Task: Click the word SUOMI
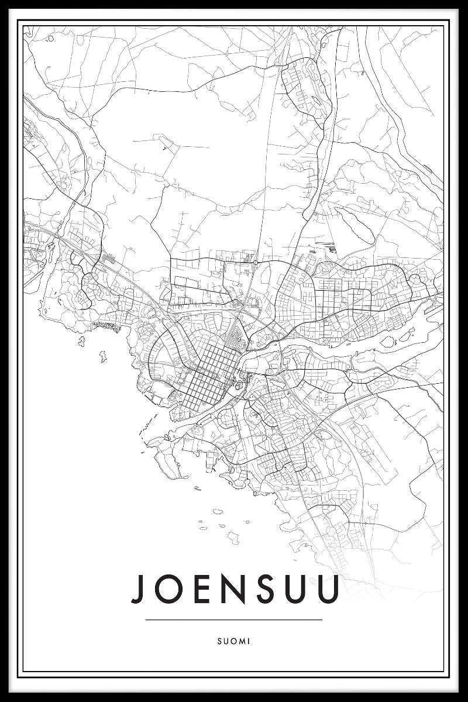234,641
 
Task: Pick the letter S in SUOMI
219,641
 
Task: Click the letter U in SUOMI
226,641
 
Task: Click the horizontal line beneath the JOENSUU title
234,620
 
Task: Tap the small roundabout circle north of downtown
256,263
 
